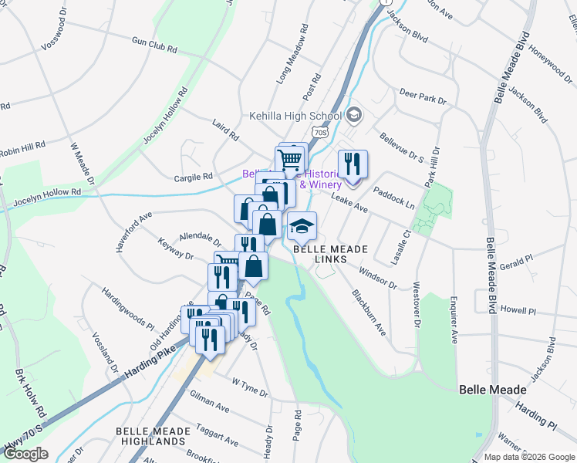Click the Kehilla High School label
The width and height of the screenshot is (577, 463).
(x=294, y=117)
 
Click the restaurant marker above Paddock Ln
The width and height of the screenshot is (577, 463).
(x=353, y=164)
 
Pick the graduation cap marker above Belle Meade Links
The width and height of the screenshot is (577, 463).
(x=302, y=225)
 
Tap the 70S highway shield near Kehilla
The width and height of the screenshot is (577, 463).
(x=321, y=132)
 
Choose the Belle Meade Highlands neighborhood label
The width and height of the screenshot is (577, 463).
(x=150, y=436)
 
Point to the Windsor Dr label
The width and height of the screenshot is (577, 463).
(x=378, y=279)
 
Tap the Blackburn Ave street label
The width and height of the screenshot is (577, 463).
(x=369, y=312)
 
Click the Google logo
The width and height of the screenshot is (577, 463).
(x=25, y=454)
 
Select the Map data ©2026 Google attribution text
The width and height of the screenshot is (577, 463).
(x=528, y=457)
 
